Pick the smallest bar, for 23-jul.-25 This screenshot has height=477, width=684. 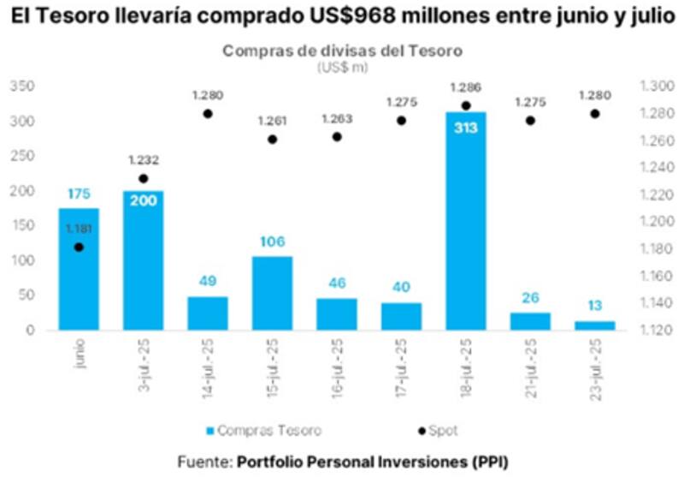(x=594, y=325)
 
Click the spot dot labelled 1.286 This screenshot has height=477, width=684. (x=465, y=105)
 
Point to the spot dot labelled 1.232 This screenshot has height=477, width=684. (x=143, y=178)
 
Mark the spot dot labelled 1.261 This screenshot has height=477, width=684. (x=272, y=139)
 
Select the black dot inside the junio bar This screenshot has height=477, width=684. (x=79, y=247)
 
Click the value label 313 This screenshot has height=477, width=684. (x=465, y=129)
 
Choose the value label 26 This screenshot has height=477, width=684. (x=530, y=298)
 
